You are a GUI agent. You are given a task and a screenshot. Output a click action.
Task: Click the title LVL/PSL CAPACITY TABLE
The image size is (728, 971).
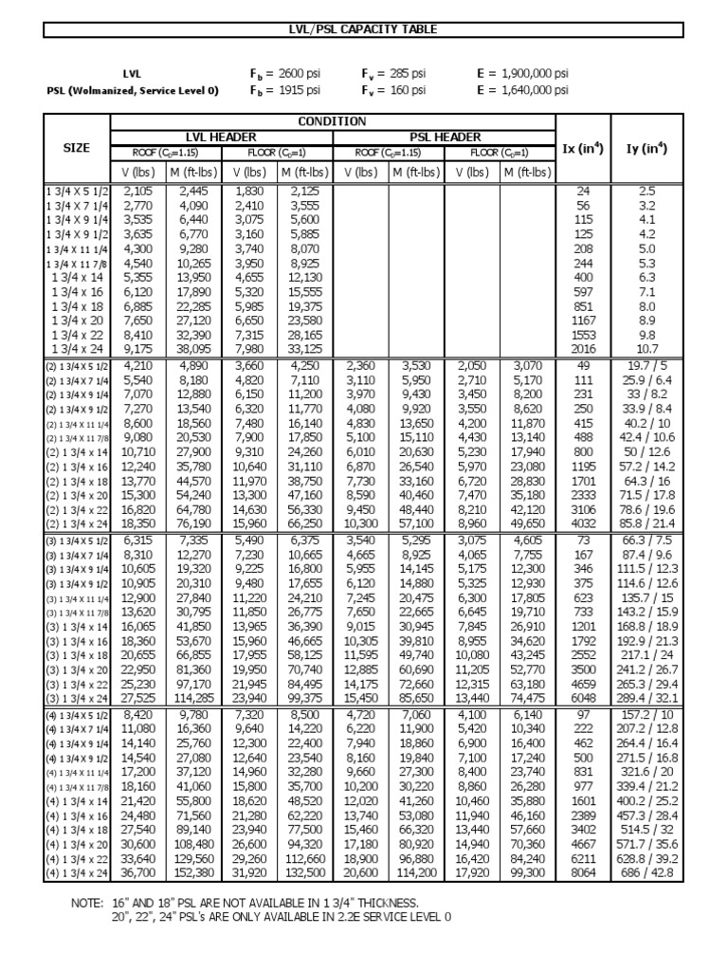364,29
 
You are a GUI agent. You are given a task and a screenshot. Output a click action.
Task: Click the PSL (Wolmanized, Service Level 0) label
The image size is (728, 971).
133,90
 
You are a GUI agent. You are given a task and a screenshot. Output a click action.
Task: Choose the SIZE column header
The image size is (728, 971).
77,148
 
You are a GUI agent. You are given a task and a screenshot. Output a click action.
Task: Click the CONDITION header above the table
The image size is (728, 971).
332,121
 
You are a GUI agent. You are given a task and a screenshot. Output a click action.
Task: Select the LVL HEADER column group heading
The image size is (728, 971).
222,137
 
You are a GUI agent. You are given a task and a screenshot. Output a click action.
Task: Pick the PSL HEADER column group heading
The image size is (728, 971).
444,137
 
